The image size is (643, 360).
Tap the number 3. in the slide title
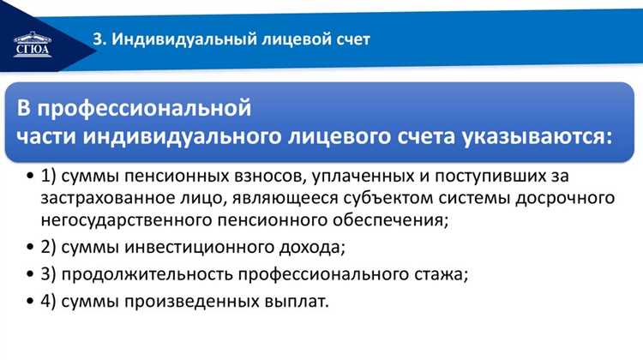[99, 39]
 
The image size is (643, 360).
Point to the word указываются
[533, 136]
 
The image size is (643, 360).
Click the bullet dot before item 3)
[31, 276]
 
